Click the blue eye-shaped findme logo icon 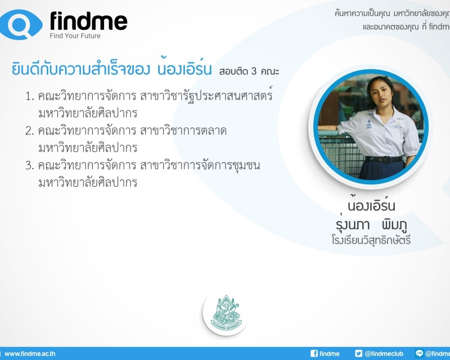pos(21,24)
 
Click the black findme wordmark pos(88,21)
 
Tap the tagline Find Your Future pos(75,36)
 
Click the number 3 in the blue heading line pos(254,71)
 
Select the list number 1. pos(29,96)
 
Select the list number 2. pos(29,131)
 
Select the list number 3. pos(29,165)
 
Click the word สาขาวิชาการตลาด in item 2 pos(183,131)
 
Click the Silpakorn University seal pos(226,313)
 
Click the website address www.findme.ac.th pos(30,354)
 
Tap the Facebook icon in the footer pos(314,353)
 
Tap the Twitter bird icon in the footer pos(358,353)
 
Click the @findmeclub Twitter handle pos(384,354)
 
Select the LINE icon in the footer pos(419,353)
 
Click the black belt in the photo pos(384,159)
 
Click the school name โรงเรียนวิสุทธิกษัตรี pos(371,240)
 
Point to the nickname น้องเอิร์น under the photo pos(371,205)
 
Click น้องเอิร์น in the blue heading pos(185,68)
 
